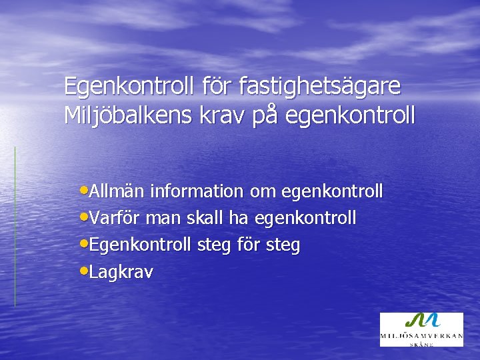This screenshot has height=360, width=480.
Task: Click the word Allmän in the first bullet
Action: click(117, 192)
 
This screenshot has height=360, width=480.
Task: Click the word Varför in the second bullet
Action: click(115, 219)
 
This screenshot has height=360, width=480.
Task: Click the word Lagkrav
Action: click(121, 273)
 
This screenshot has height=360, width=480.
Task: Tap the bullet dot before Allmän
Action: click(83, 191)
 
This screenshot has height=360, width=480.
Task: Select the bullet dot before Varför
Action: click(83, 218)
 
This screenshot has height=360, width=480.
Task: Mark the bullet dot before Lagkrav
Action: click(83, 271)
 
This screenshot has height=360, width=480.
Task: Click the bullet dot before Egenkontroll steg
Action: click(83, 245)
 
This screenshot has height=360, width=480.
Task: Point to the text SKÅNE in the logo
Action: click(421, 344)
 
